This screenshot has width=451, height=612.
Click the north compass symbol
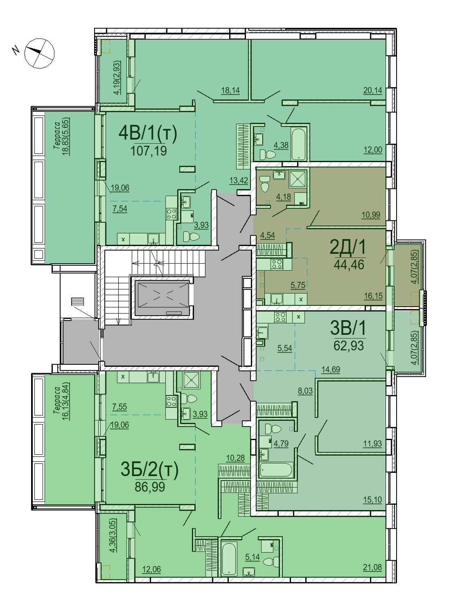pos(39,53)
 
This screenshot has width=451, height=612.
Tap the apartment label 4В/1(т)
pos(148,133)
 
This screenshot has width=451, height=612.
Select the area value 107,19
pos(149,151)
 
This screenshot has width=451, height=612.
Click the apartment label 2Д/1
pos(348,247)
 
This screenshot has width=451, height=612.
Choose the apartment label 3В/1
pos(348,328)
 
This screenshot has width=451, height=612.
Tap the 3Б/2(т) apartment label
pos(149,469)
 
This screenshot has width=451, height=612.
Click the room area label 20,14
pos(372,90)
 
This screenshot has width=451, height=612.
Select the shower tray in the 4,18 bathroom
pos(298,179)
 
